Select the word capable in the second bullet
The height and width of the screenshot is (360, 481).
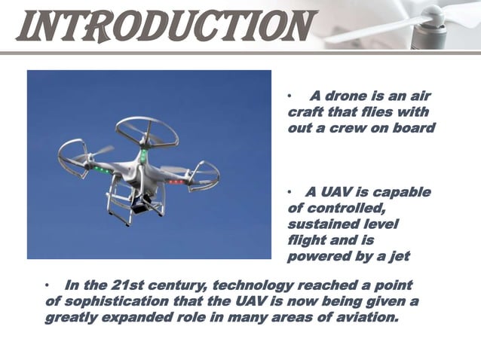pos(402,192)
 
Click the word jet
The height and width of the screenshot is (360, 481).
pos(399,257)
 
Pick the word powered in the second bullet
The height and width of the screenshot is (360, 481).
pos(317,257)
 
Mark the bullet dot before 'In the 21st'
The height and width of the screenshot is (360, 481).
pos(47,287)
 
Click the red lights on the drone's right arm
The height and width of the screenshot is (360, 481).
pos(175,182)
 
